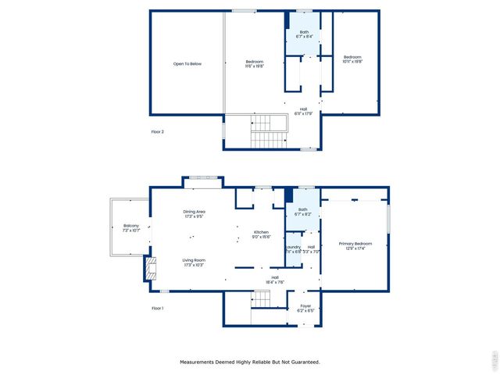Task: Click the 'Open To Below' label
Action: coord(187,63)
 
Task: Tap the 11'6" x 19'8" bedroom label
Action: coord(255,64)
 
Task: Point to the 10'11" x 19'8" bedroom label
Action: coord(353,59)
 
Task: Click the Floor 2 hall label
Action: coord(304,111)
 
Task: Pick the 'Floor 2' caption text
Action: coord(158,131)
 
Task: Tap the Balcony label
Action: coord(130,228)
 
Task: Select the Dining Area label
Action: coord(195,214)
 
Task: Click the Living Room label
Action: coord(194,262)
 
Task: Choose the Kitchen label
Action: coord(261,234)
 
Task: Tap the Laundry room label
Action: coord(293,249)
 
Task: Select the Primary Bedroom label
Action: coord(355,246)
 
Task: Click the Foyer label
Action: coord(305,308)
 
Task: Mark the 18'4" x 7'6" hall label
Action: coord(275,279)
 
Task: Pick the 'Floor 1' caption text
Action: coord(158,308)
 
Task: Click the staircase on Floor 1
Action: coord(260,301)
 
